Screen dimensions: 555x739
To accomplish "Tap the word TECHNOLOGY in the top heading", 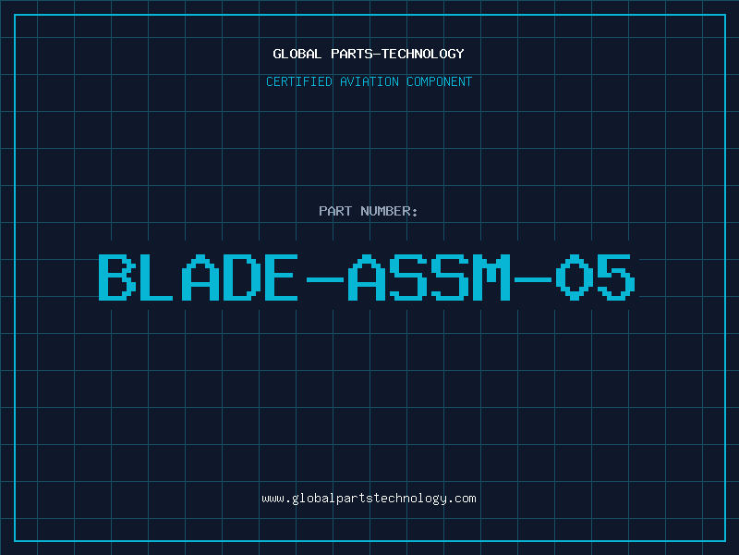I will pyautogui.click(x=424, y=54).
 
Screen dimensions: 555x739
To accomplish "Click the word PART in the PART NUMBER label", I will pyautogui.click(x=334, y=211).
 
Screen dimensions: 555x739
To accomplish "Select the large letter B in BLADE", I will pyautogui.click(x=117, y=276).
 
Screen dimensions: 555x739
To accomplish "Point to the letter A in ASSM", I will pyautogui.click(x=367, y=276).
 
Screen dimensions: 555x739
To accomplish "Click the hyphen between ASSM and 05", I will pyautogui.click(x=533, y=276).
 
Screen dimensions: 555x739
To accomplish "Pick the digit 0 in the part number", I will pyautogui.click(x=575, y=276).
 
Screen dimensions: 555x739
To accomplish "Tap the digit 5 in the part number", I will pyautogui.click(x=616, y=276).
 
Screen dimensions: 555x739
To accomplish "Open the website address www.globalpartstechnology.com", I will pyautogui.click(x=369, y=499).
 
